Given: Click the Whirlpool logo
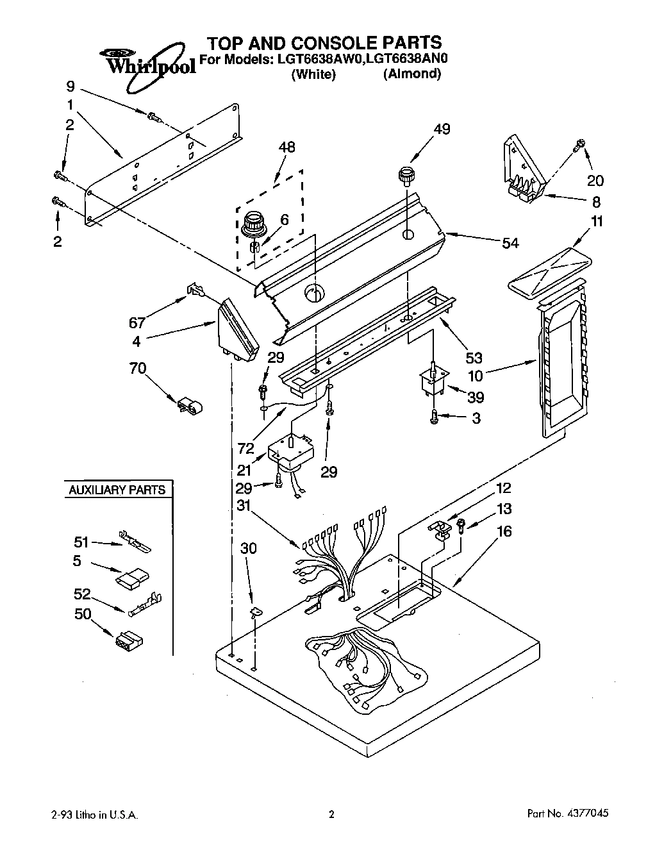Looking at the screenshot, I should coord(149,61).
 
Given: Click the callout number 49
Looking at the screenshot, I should coord(441,129).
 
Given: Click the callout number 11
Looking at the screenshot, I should coord(597,222).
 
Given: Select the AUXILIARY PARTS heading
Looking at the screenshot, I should coord(117,490).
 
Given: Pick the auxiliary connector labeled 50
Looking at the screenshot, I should coord(129,639).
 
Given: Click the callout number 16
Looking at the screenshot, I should coord(504,531).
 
